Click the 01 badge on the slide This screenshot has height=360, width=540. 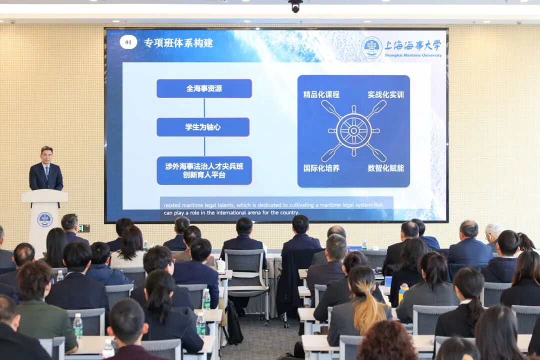point(128,42)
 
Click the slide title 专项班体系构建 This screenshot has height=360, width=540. point(178,43)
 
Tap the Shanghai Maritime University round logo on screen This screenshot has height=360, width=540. point(371,47)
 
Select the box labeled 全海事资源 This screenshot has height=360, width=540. point(204,88)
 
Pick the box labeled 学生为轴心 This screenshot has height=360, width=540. point(202,127)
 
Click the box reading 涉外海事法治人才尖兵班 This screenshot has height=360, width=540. point(204,170)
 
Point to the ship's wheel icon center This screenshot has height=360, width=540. point(353,131)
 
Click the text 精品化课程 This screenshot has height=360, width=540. point(321,94)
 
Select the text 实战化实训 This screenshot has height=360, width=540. point(385,94)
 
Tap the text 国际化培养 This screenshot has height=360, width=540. point(321,168)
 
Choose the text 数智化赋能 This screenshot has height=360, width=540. point(385,168)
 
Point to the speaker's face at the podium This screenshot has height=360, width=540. point(46,155)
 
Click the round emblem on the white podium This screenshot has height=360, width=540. point(44,219)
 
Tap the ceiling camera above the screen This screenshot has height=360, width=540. point(295,6)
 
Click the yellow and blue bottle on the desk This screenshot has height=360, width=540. point(402,293)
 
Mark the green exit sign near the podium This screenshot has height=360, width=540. point(84,228)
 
